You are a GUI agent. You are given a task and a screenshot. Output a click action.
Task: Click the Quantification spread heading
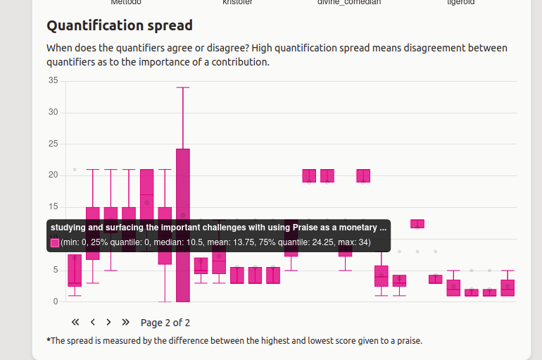pos(119,26)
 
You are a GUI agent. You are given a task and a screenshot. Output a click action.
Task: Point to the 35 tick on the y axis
pos(53,80)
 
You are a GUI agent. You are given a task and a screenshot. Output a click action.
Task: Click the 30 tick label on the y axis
pos(53,113)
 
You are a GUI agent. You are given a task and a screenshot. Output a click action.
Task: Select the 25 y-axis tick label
pos(53,144)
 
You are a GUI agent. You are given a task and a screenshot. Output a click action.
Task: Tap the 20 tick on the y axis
pos(53,175)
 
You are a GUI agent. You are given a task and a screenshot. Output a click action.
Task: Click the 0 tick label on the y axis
pos(56,302)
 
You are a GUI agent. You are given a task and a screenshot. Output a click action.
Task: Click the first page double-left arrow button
pos(76,322)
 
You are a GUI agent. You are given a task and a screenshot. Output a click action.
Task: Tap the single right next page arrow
pos(108,322)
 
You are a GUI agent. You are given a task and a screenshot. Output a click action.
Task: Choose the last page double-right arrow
pos(126,322)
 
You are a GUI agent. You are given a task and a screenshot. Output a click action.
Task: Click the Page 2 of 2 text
pos(165,323)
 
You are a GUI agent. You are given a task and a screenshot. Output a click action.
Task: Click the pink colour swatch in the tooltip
pos(55,242)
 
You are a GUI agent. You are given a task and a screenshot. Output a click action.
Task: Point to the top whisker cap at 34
pos(183,87)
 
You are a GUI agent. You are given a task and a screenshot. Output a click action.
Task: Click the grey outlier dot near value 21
pos(75,170)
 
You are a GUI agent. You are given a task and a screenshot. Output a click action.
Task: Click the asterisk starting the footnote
pos(49,340)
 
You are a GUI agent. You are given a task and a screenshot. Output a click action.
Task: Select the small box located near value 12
pos(417,224)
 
